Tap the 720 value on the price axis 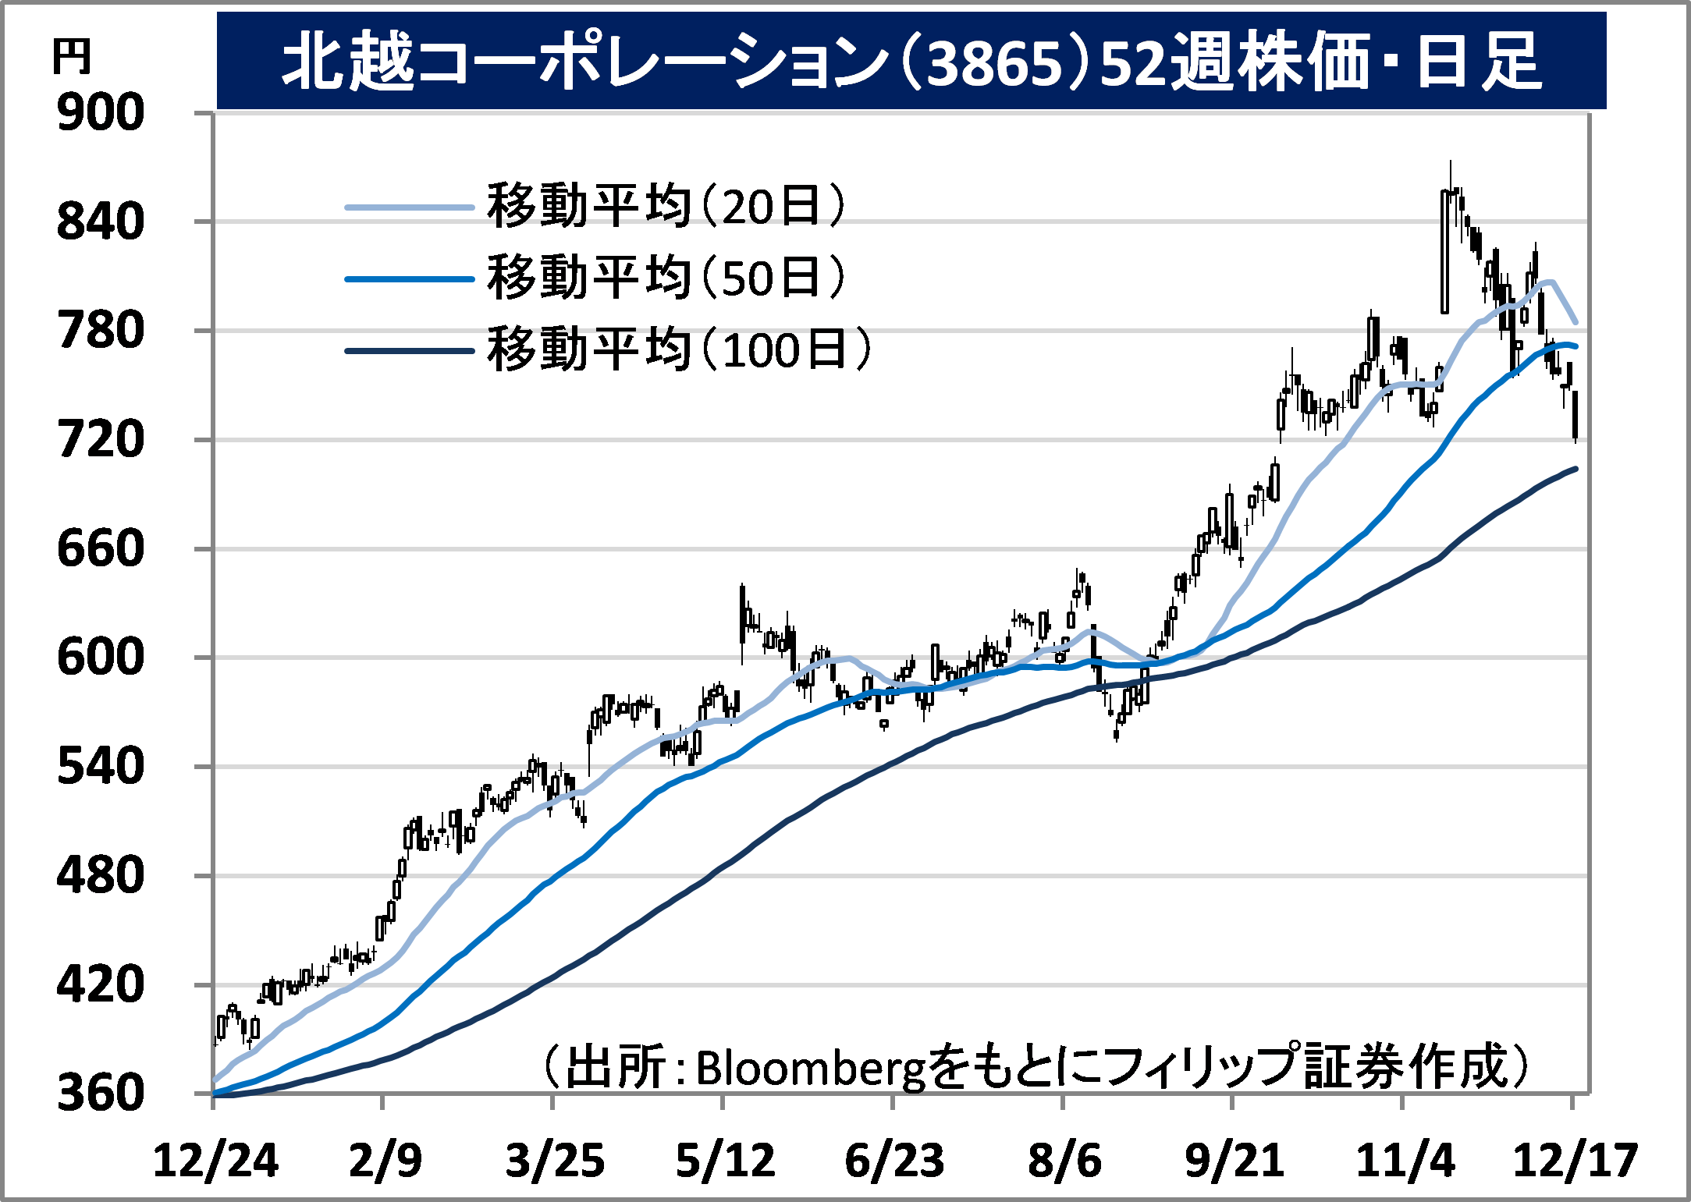[x=101, y=439]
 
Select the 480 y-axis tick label [x=101, y=875]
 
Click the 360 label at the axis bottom [x=101, y=1093]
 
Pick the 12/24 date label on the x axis [x=215, y=1161]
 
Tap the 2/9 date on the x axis [x=385, y=1161]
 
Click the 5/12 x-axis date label [x=725, y=1161]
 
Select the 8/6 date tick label [x=1064, y=1161]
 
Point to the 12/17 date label [x=1575, y=1161]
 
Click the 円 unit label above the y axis [x=72, y=57]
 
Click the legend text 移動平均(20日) [x=666, y=206]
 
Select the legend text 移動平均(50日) [x=666, y=277]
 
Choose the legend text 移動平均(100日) [x=679, y=349]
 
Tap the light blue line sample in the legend [x=410, y=207]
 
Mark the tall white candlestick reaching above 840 [x=1445, y=251]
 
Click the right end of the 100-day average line [x=1576, y=469]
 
